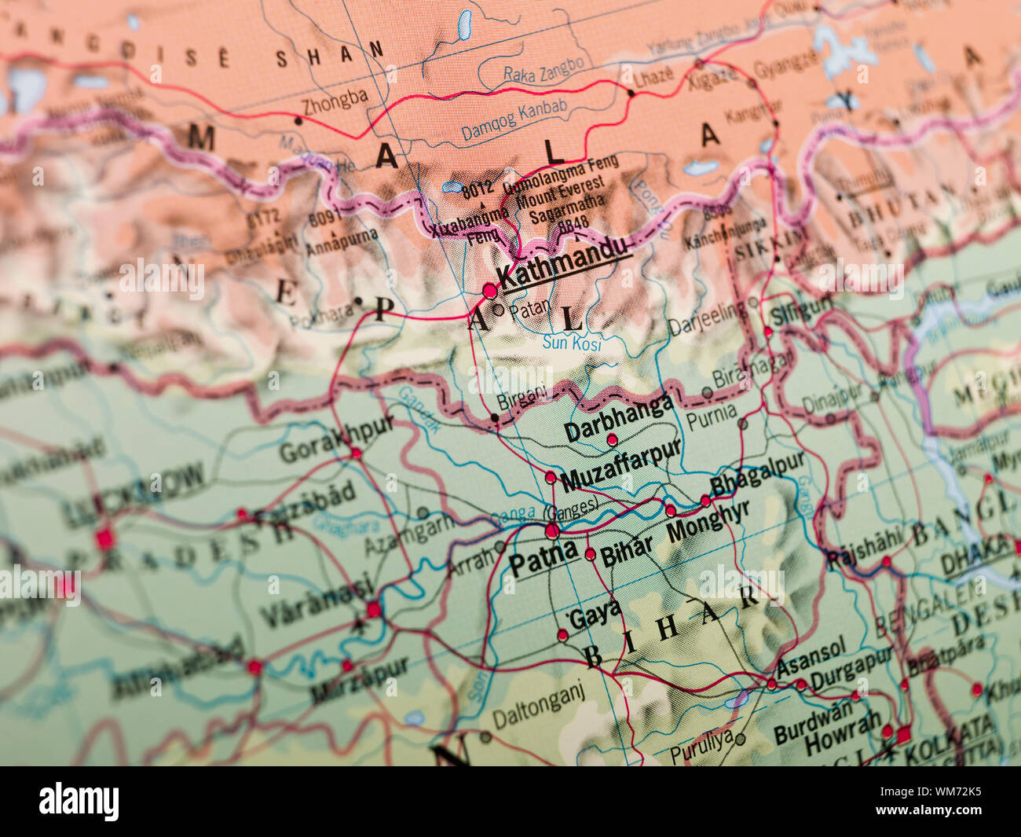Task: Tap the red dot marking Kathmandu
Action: tap(490, 291)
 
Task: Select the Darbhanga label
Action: tap(619, 417)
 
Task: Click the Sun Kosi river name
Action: tap(572, 343)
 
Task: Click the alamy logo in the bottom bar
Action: tap(79, 802)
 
